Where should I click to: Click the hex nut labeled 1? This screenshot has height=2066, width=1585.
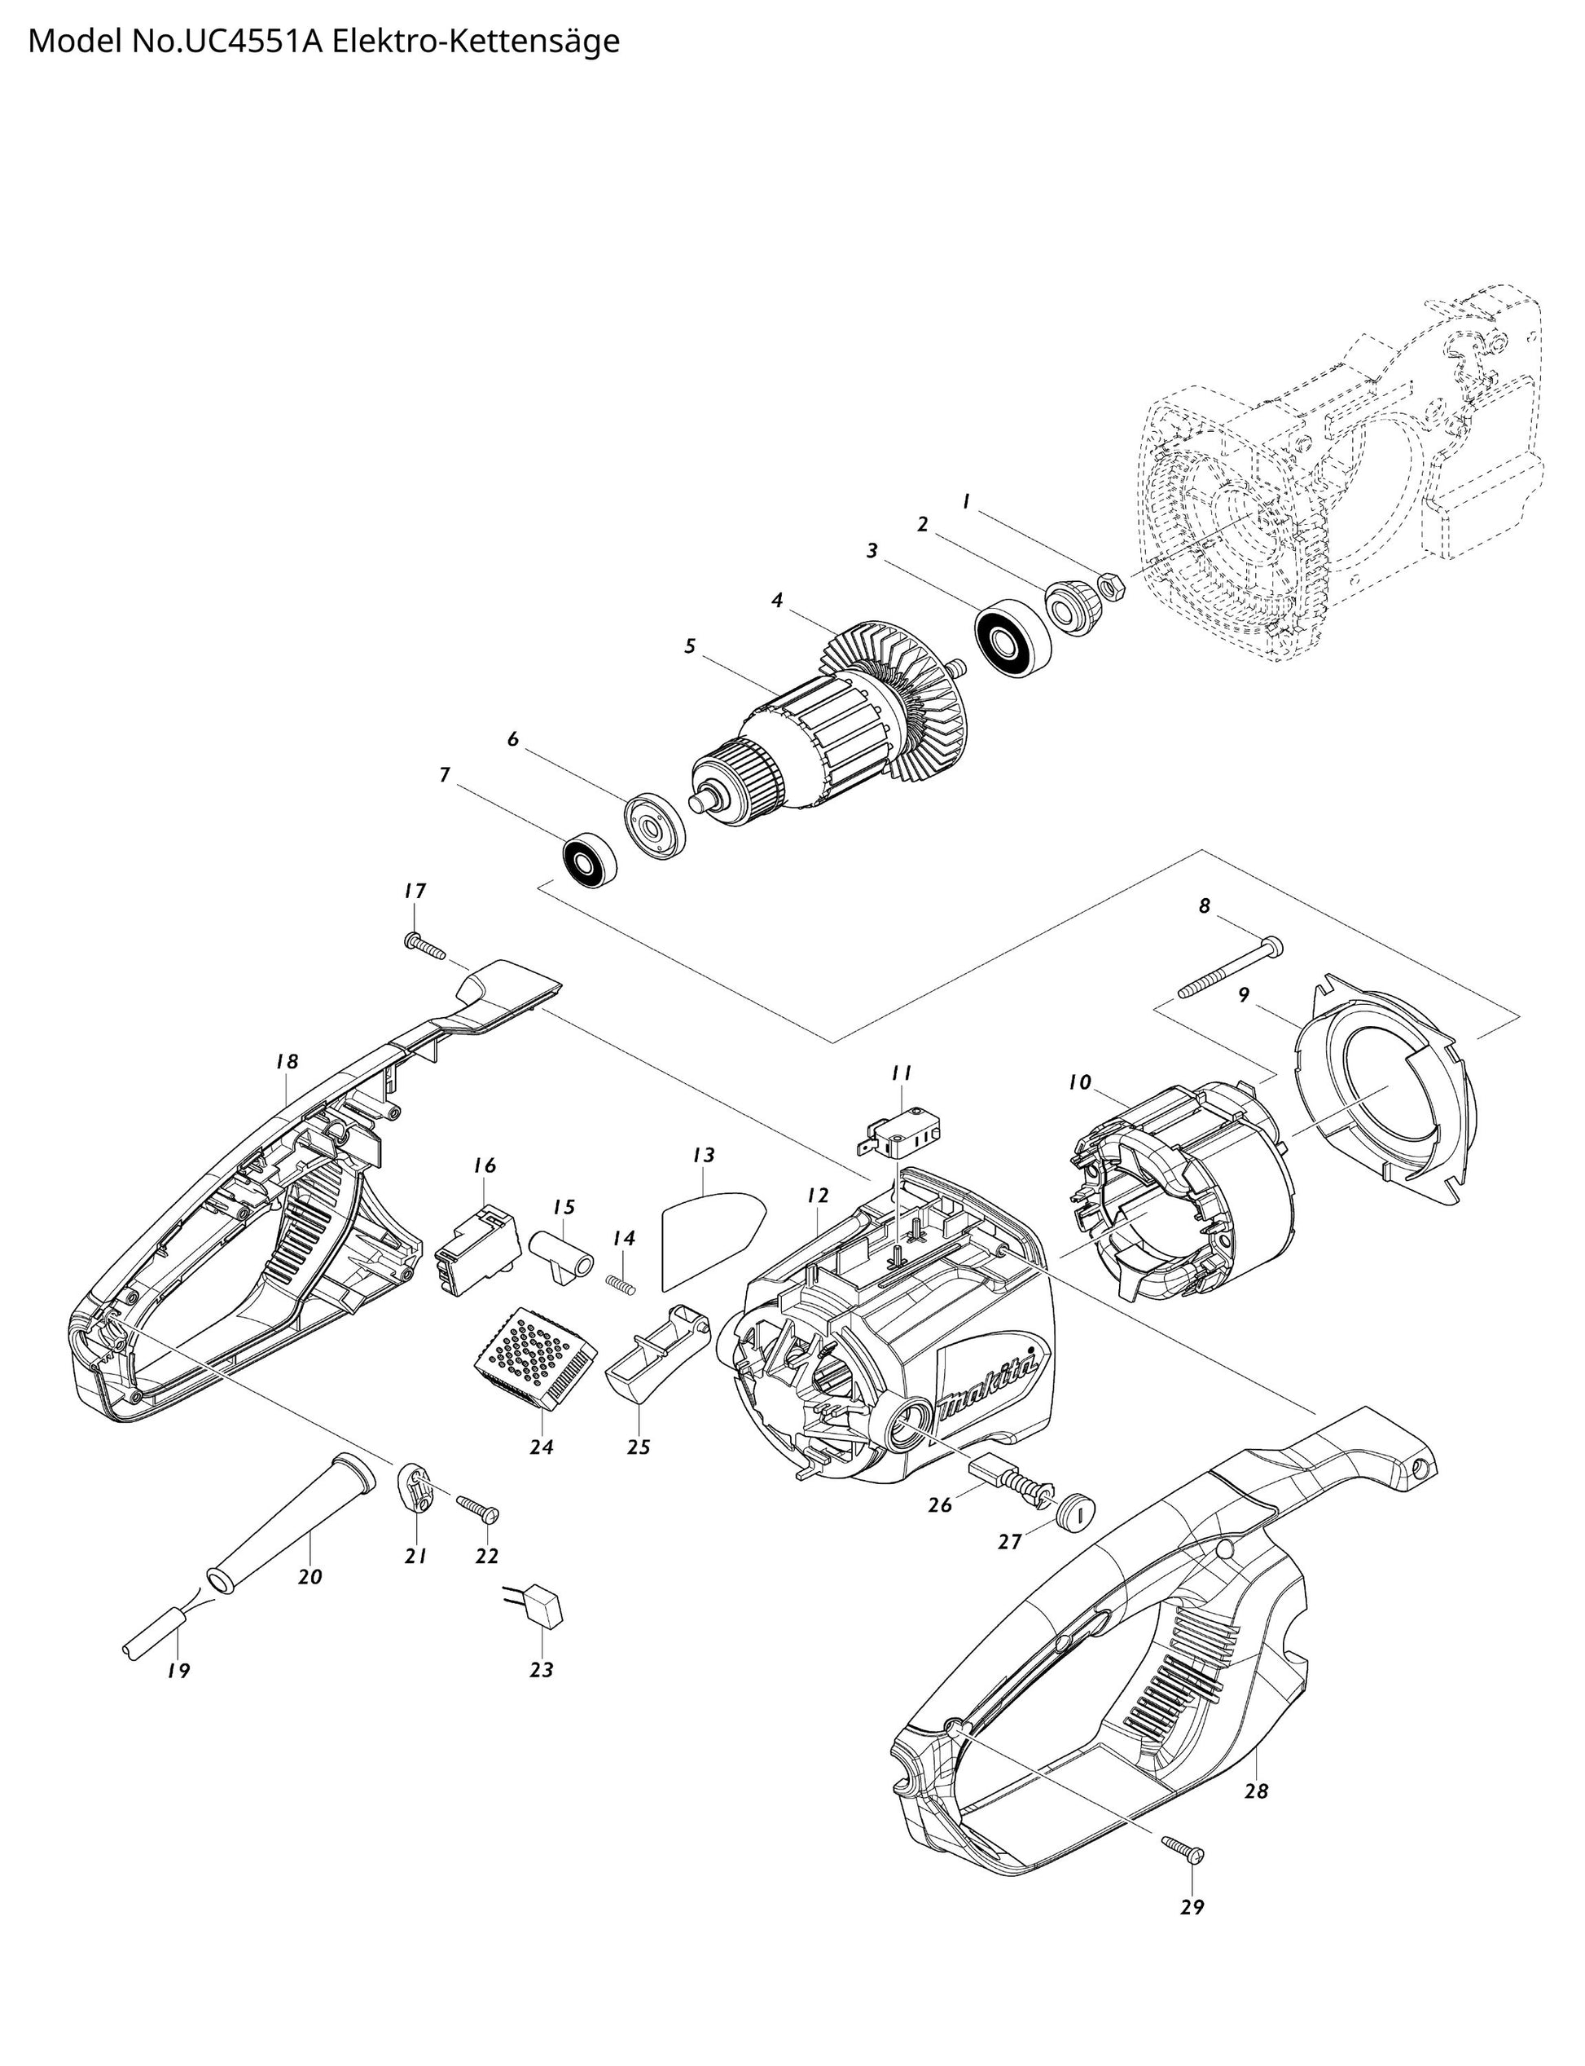1112,584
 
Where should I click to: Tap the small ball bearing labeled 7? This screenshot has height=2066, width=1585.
590,859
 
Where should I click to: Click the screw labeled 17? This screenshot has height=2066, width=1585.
424,947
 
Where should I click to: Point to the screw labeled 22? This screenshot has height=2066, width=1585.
478,1509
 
